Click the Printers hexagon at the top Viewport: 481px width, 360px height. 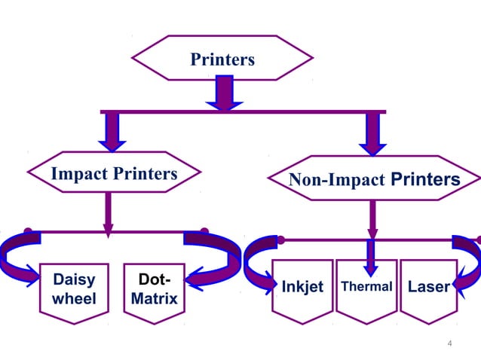pyautogui.click(x=222, y=58)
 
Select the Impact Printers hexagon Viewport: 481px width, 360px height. pyautogui.click(x=114, y=174)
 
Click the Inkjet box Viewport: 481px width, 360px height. pyautogui.click(x=302, y=289)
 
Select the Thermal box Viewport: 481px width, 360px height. pyautogui.click(x=366, y=289)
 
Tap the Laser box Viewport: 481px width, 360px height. pyautogui.click(x=427, y=289)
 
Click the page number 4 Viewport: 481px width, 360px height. pyautogui.click(x=450, y=343)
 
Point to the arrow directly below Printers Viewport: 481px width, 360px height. pyautogui.click(x=224, y=93)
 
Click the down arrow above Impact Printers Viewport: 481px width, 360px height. pyautogui.click(x=112, y=132)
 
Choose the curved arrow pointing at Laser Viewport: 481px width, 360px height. pyautogui.click(x=466, y=260)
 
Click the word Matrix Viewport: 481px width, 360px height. pyautogui.click(x=154, y=300)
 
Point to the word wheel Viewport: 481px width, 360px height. pyautogui.click(x=74, y=300)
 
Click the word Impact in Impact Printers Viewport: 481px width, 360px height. pyautogui.click(x=80, y=174)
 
